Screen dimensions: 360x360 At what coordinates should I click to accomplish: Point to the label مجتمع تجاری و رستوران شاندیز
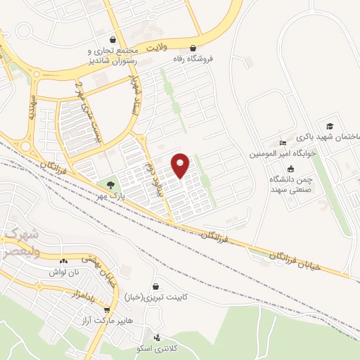pos(112,56)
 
